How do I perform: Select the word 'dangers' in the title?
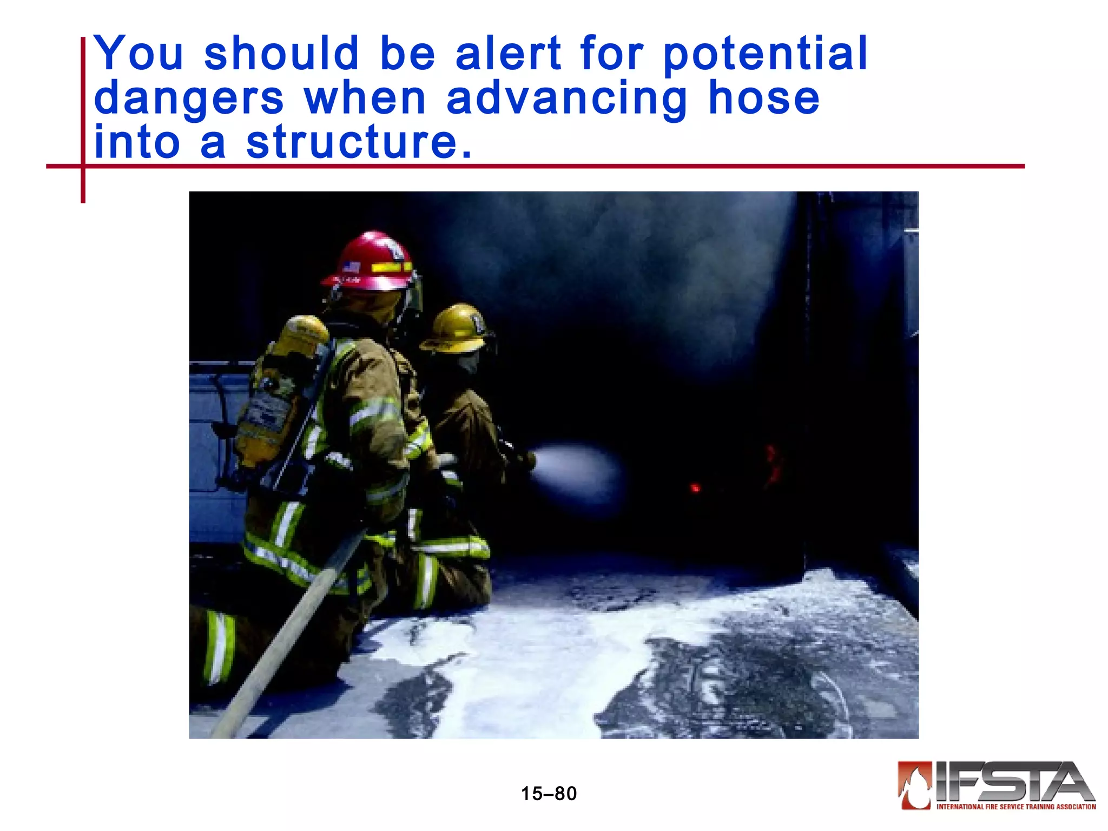tap(189, 100)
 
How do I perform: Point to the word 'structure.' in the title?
tap(359, 143)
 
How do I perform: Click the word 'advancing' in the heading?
tap(566, 100)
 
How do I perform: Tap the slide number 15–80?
tap(549, 794)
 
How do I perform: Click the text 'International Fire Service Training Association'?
tap(1015, 807)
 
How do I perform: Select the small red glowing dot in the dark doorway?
tap(695, 488)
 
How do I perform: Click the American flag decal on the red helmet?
tap(352, 267)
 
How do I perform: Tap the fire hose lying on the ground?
tap(287, 638)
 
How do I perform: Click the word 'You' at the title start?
tap(139, 54)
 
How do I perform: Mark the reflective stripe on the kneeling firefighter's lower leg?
tap(219, 647)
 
